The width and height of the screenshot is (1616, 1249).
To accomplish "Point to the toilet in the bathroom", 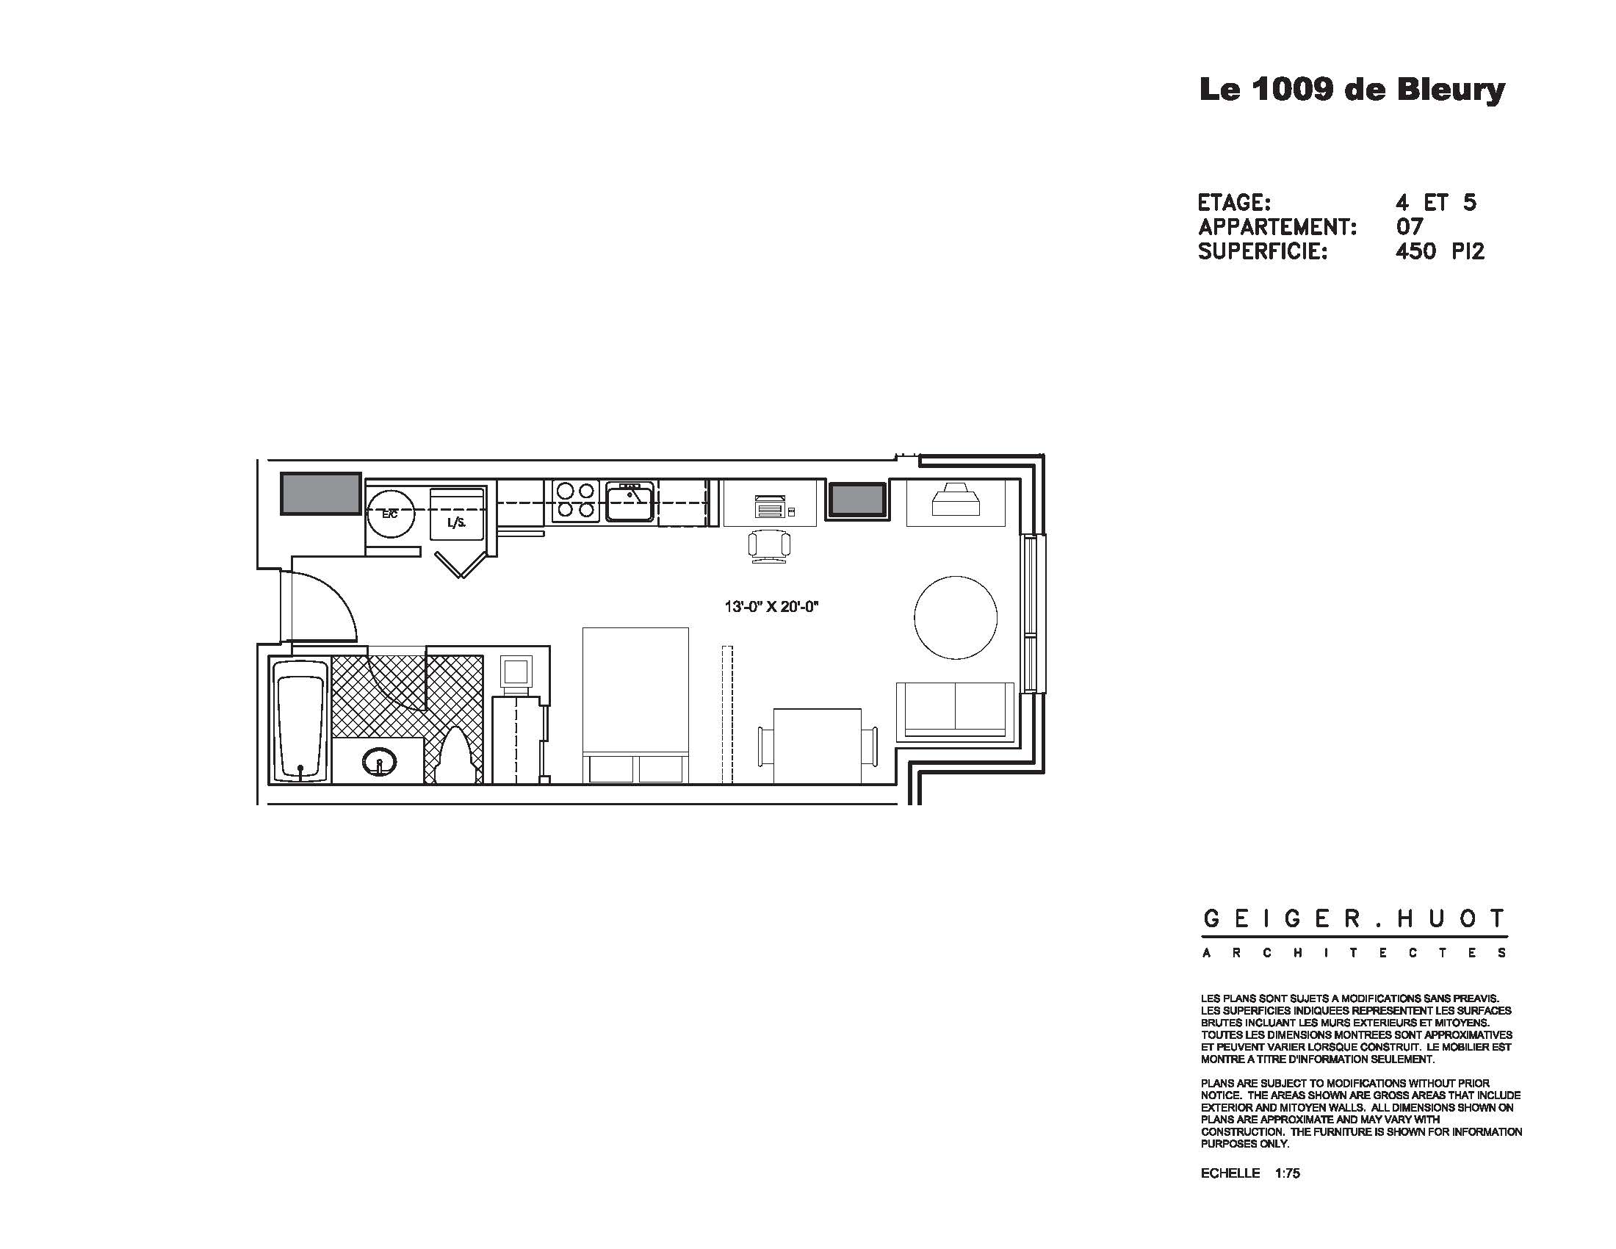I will (x=457, y=756).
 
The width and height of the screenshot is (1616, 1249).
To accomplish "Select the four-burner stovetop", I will (x=576, y=500).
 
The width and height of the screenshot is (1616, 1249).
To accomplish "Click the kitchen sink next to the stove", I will (x=630, y=501).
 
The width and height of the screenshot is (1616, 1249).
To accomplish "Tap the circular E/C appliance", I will (x=390, y=514).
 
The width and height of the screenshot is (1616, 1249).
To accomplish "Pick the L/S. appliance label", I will (x=457, y=523).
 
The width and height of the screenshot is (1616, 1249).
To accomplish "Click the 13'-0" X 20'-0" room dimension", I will (x=772, y=608).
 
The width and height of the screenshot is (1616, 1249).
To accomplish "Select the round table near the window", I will (x=955, y=617).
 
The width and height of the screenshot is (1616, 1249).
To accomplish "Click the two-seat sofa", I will (x=954, y=710).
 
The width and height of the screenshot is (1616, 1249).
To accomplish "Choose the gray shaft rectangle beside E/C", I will (x=320, y=494).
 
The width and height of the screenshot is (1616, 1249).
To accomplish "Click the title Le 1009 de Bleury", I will (x=1352, y=90).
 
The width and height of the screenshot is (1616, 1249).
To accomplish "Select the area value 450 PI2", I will (x=1439, y=251).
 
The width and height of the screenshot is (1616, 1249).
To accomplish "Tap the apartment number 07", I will (x=1409, y=226).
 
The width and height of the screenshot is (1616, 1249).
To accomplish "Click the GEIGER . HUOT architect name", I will (x=1353, y=920).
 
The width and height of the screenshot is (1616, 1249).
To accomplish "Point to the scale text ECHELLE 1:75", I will (x=1249, y=1173).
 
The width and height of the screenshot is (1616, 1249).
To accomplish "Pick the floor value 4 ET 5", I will (x=1435, y=202).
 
